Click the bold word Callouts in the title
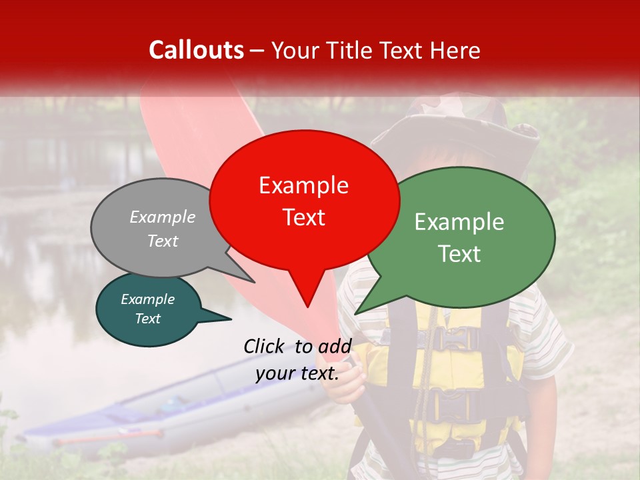tap(196, 50)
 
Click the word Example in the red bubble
tap(303, 185)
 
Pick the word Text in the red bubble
tap(304, 217)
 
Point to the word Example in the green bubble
tap(459, 222)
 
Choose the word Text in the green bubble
tap(459, 254)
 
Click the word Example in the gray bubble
tap(163, 217)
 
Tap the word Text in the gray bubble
tap(163, 241)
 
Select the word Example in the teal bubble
tap(148, 299)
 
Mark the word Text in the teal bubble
tap(148, 319)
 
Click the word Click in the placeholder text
tap(265, 346)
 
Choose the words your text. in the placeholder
tap(297, 373)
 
